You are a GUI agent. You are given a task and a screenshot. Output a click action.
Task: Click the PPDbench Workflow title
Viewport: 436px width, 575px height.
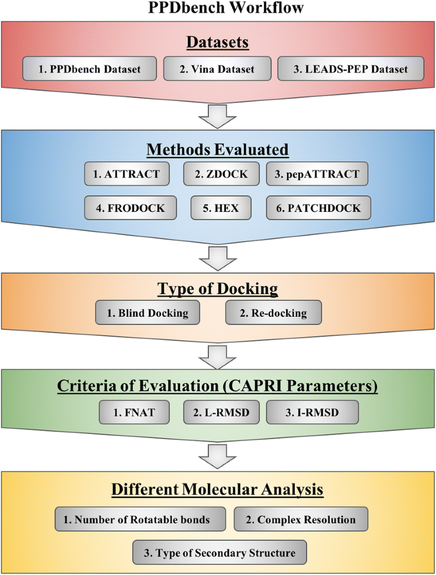[x=218, y=10]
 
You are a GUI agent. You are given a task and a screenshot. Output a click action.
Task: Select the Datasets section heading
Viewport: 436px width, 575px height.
[x=217, y=43]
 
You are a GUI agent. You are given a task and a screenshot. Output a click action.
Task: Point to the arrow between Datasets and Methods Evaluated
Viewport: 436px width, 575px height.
[x=218, y=118]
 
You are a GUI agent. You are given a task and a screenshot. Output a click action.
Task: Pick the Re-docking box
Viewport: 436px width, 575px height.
[x=274, y=314]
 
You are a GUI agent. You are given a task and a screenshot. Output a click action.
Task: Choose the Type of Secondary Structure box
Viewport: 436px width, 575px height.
[x=217, y=553]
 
